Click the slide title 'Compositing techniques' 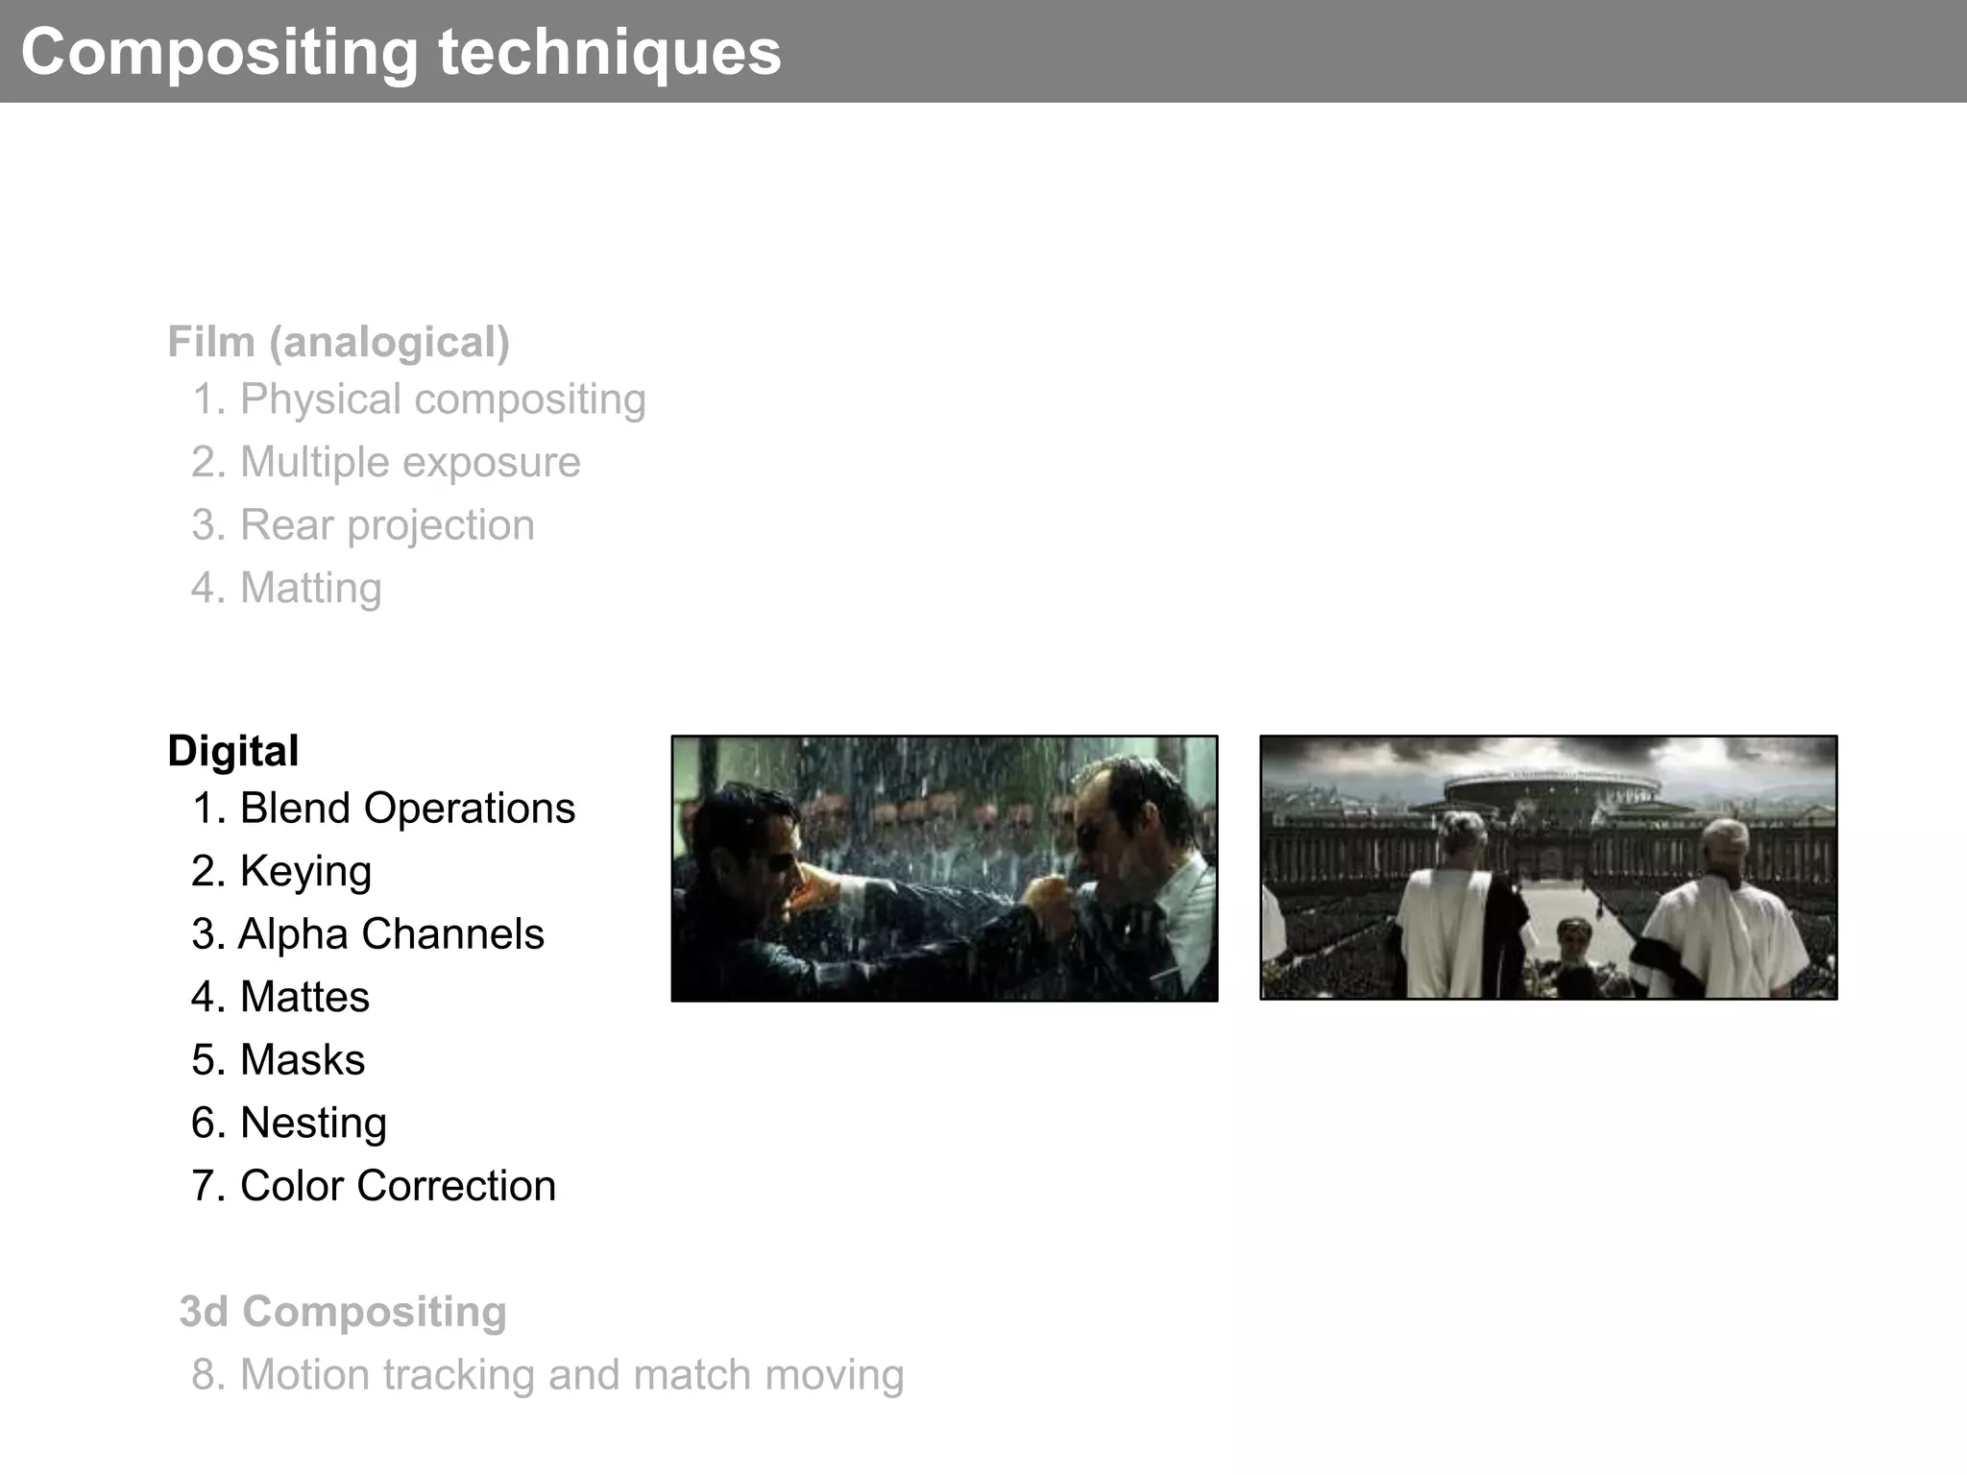click(x=401, y=52)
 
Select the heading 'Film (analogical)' click(x=338, y=342)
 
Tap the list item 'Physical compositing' click(x=419, y=399)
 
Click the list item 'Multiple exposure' click(x=386, y=462)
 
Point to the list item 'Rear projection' click(x=363, y=525)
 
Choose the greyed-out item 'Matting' click(x=286, y=588)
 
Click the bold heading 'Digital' click(x=232, y=751)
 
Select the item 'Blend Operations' click(x=383, y=809)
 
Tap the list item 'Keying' click(x=281, y=871)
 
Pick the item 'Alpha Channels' click(x=368, y=934)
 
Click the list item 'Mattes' click(x=280, y=997)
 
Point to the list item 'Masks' click(x=279, y=1060)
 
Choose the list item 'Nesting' click(x=289, y=1123)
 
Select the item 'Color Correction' click(x=374, y=1186)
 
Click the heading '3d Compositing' click(x=343, y=1312)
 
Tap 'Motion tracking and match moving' click(x=547, y=1374)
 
